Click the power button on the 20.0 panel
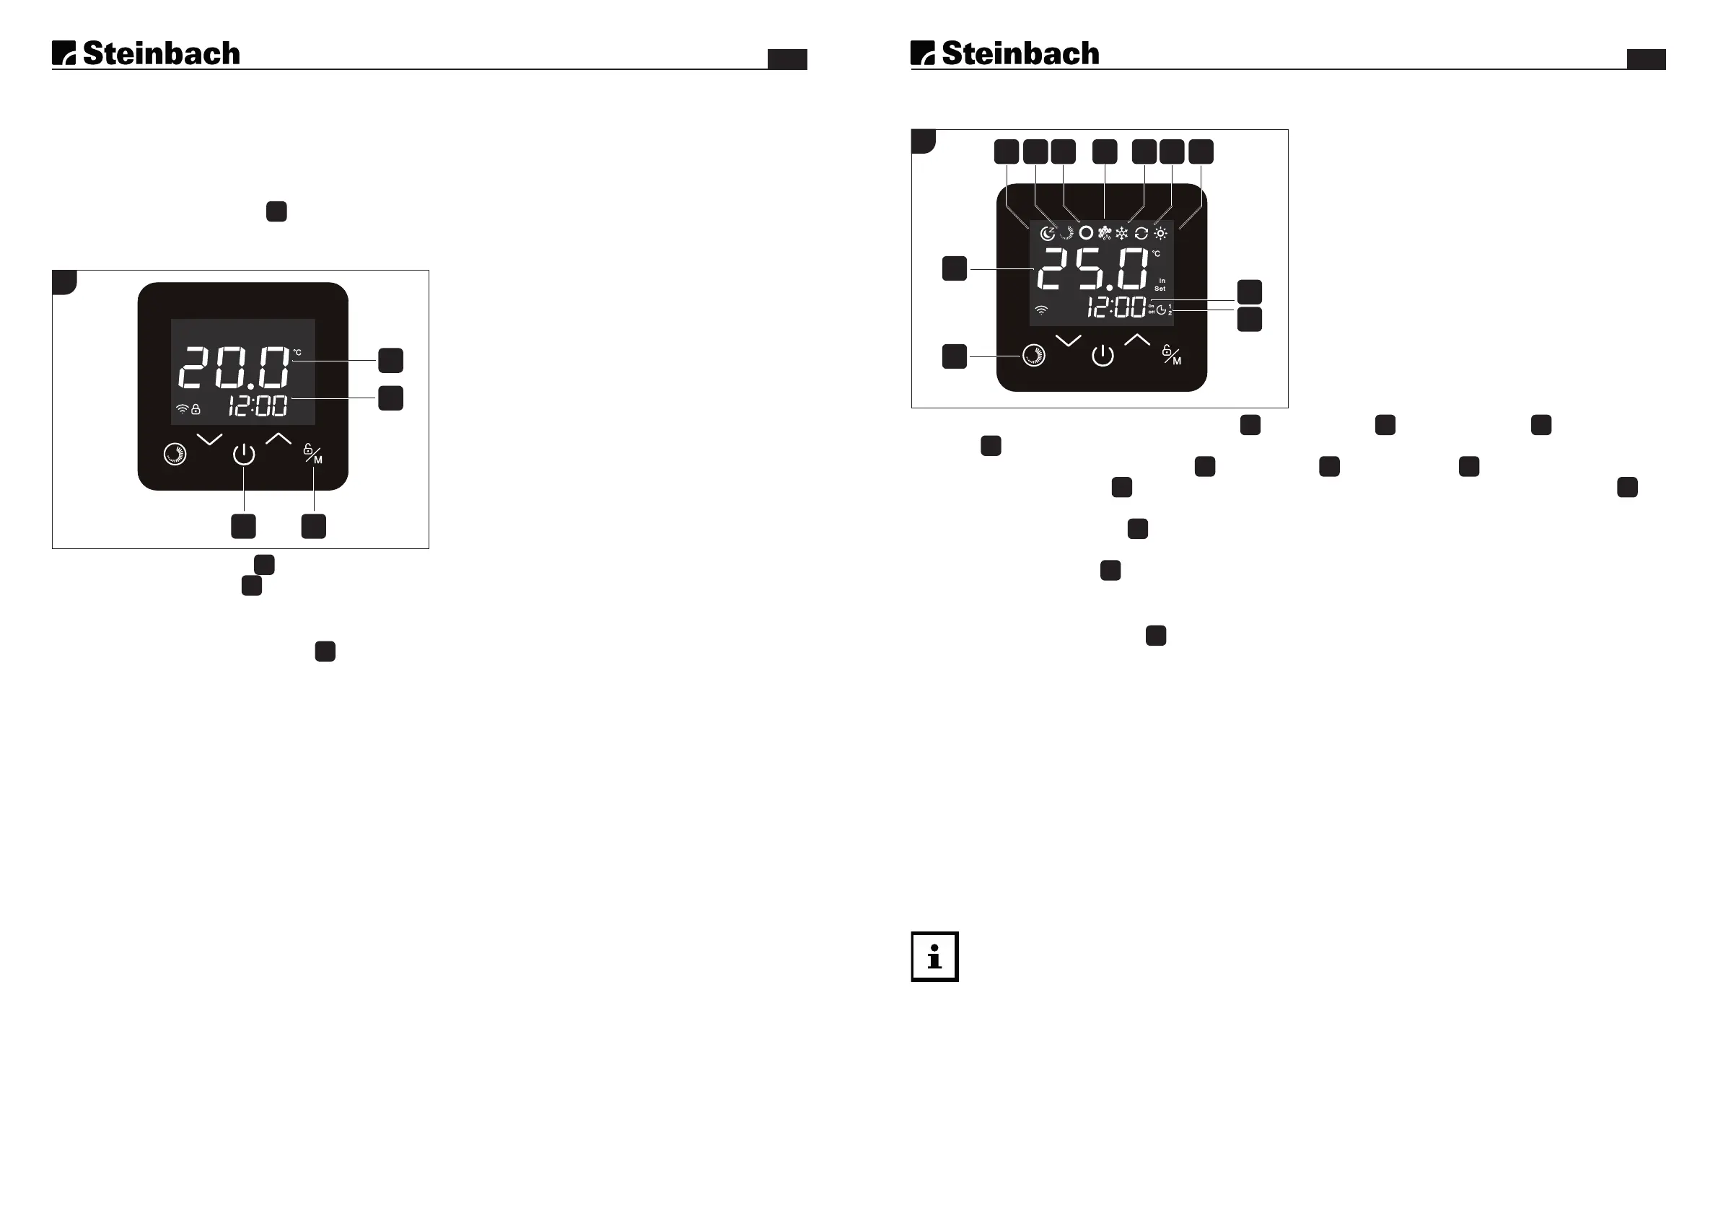coord(244,454)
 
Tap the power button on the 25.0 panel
coord(1103,356)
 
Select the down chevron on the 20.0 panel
coord(209,439)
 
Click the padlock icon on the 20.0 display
coord(196,409)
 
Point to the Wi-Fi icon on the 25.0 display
coord(1040,310)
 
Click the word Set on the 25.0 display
coord(1160,289)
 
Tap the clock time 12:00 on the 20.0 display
coord(258,406)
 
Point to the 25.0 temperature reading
coord(1092,269)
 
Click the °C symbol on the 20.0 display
coord(297,352)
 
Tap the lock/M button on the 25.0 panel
coord(1172,356)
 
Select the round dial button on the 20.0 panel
coord(175,454)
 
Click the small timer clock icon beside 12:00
coord(1161,310)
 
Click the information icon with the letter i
coord(934,956)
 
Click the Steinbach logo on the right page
coord(1005,53)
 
